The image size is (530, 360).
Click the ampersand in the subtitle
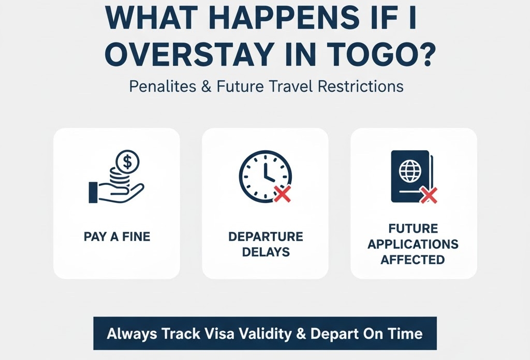[206, 87]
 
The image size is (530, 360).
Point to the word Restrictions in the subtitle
[361, 87]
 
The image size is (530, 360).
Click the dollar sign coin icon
[127, 162]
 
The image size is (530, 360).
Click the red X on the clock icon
[282, 194]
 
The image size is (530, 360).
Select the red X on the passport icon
[429, 195]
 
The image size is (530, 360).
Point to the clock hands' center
[266, 176]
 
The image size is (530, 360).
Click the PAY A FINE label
[117, 237]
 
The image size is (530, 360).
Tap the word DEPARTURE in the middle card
[266, 237]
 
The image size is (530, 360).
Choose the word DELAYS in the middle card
[266, 252]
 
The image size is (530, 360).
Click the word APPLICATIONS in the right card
[413, 244]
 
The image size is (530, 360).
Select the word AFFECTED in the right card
[413, 260]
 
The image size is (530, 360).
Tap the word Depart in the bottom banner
[334, 334]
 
